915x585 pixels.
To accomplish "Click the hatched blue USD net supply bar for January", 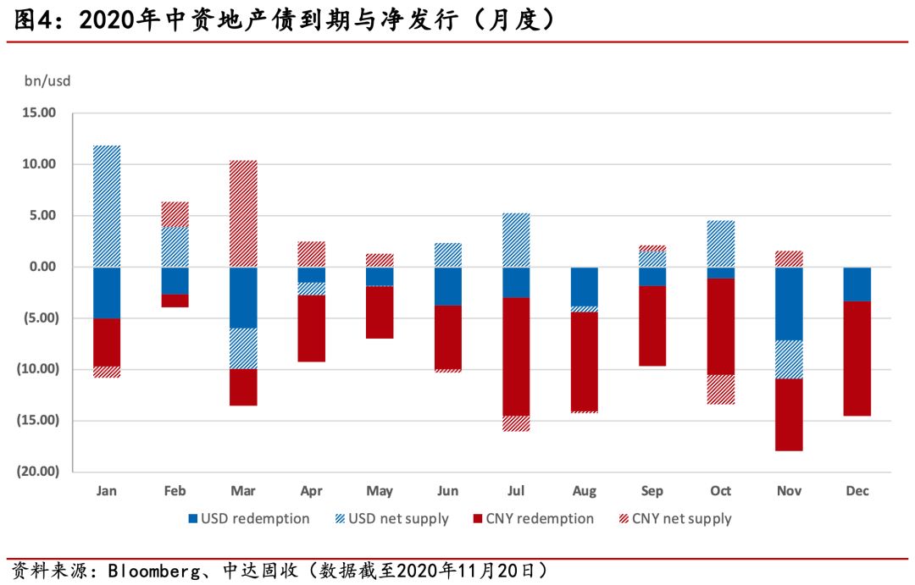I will pos(107,207).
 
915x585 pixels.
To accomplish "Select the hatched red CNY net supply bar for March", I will pos(243,213).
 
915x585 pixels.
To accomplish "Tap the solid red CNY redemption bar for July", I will pos(516,356).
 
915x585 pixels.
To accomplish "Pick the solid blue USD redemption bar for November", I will pos(789,304).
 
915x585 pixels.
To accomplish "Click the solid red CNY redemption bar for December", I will pos(857,358).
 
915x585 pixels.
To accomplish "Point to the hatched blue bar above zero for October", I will pos(721,244).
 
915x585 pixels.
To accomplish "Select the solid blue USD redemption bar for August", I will pos(584,286).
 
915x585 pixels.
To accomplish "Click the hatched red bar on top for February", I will pos(175,214).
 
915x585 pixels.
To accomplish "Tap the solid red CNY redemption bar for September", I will pos(652,326).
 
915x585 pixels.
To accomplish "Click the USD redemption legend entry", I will pos(248,518).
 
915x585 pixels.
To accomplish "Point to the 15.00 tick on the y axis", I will pos(38,113).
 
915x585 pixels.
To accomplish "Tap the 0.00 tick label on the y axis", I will pos(42,267).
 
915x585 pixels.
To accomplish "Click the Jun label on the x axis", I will pos(447,491).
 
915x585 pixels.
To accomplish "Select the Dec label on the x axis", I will pos(857,491).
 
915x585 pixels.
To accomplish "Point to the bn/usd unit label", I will pos(47,81).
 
